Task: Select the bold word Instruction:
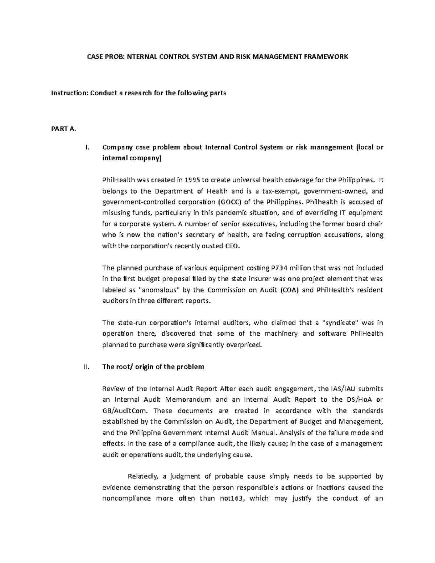(70, 93)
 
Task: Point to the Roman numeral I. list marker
(86, 147)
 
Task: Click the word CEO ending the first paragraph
(232, 246)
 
